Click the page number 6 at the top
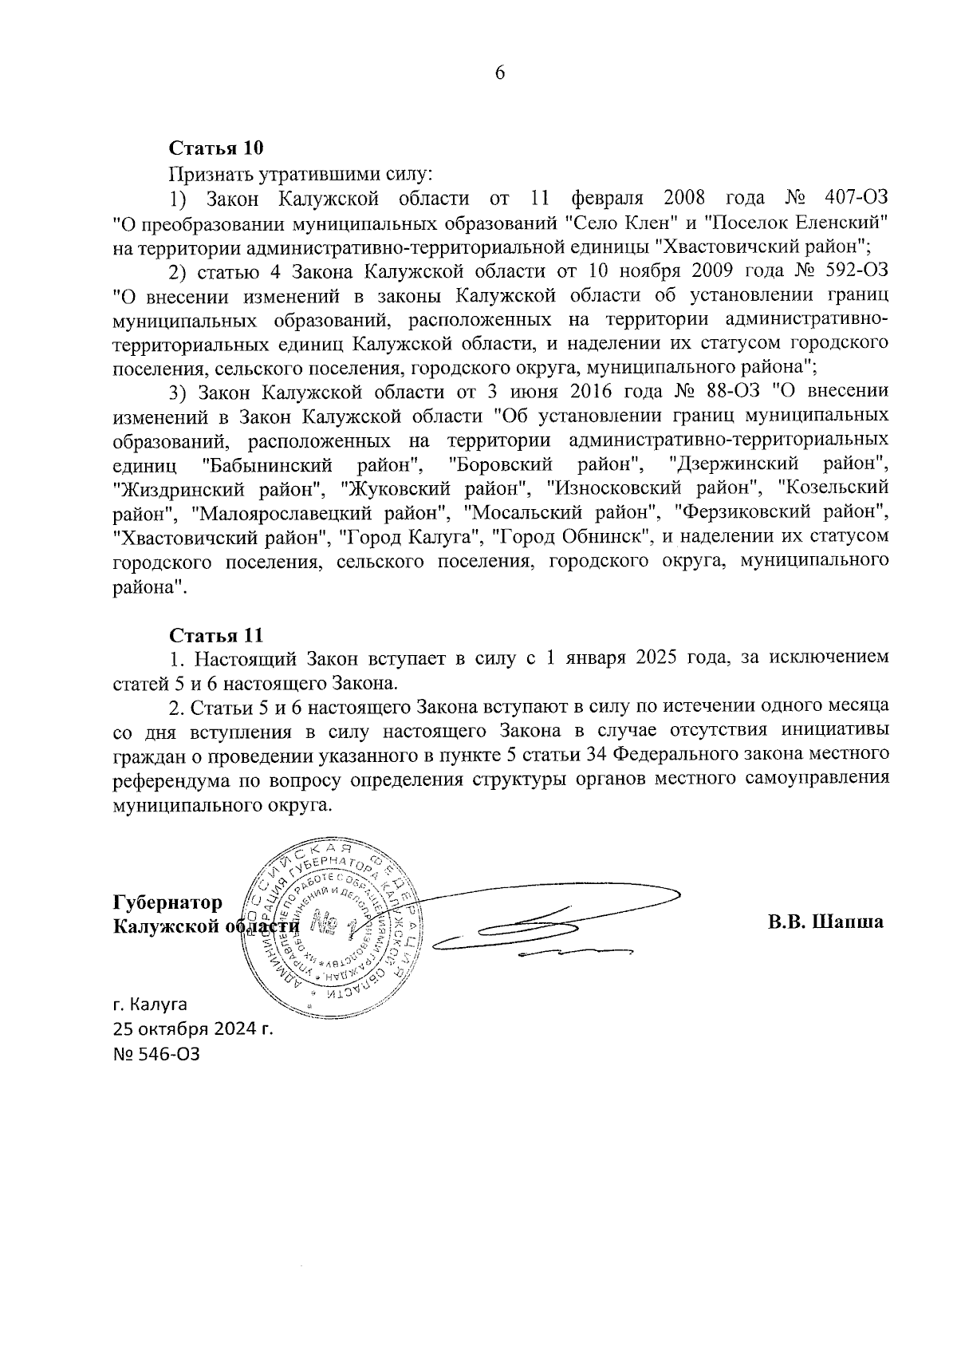pyautogui.click(x=500, y=73)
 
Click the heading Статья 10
pyautogui.click(x=215, y=148)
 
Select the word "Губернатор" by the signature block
pyautogui.click(x=167, y=902)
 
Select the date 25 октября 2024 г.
pyautogui.click(x=192, y=1028)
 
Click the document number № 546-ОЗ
pyautogui.click(x=156, y=1054)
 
